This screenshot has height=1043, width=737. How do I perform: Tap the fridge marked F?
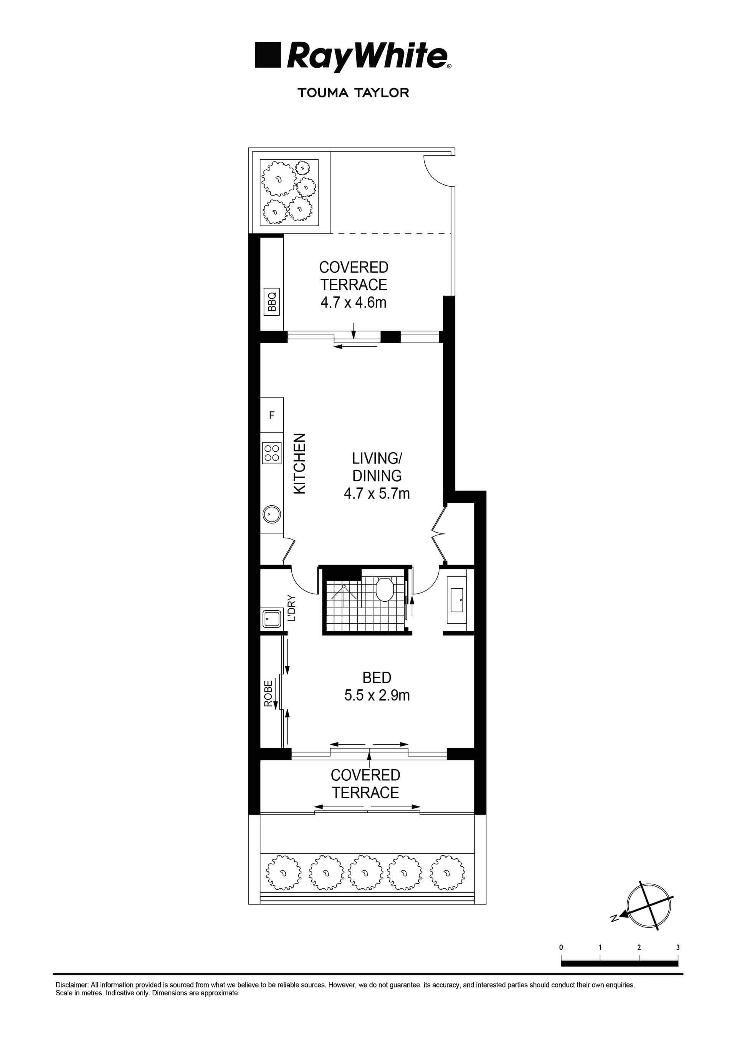[x=271, y=415]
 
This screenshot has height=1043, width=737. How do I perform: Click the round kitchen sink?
[x=271, y=515]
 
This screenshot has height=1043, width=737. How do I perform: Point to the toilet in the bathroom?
[x=384, y=589]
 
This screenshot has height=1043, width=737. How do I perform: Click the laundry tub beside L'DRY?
[x=271, y=619]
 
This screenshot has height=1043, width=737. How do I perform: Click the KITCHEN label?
[x=300, y=464]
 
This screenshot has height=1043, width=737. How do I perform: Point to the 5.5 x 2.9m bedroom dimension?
[x=377, y=695]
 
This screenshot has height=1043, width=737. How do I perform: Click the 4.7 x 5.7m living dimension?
[x=377, y=493]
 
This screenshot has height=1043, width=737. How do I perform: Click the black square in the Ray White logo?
[x=268, y=55]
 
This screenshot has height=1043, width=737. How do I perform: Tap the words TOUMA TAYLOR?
[x=353, y=93]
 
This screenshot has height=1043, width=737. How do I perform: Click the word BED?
[x=377, y=678]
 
